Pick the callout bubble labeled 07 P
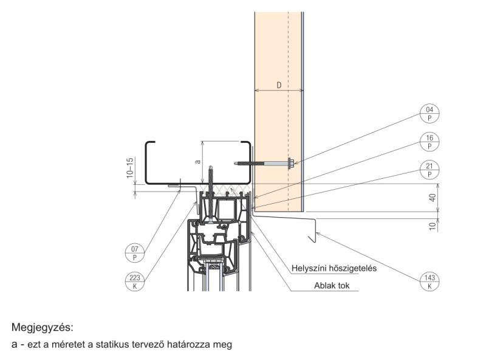[134, 252]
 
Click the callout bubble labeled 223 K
[134, 280]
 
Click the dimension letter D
[279, 85]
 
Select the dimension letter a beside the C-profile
[196, 162]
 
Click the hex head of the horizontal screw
[290, 163]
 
